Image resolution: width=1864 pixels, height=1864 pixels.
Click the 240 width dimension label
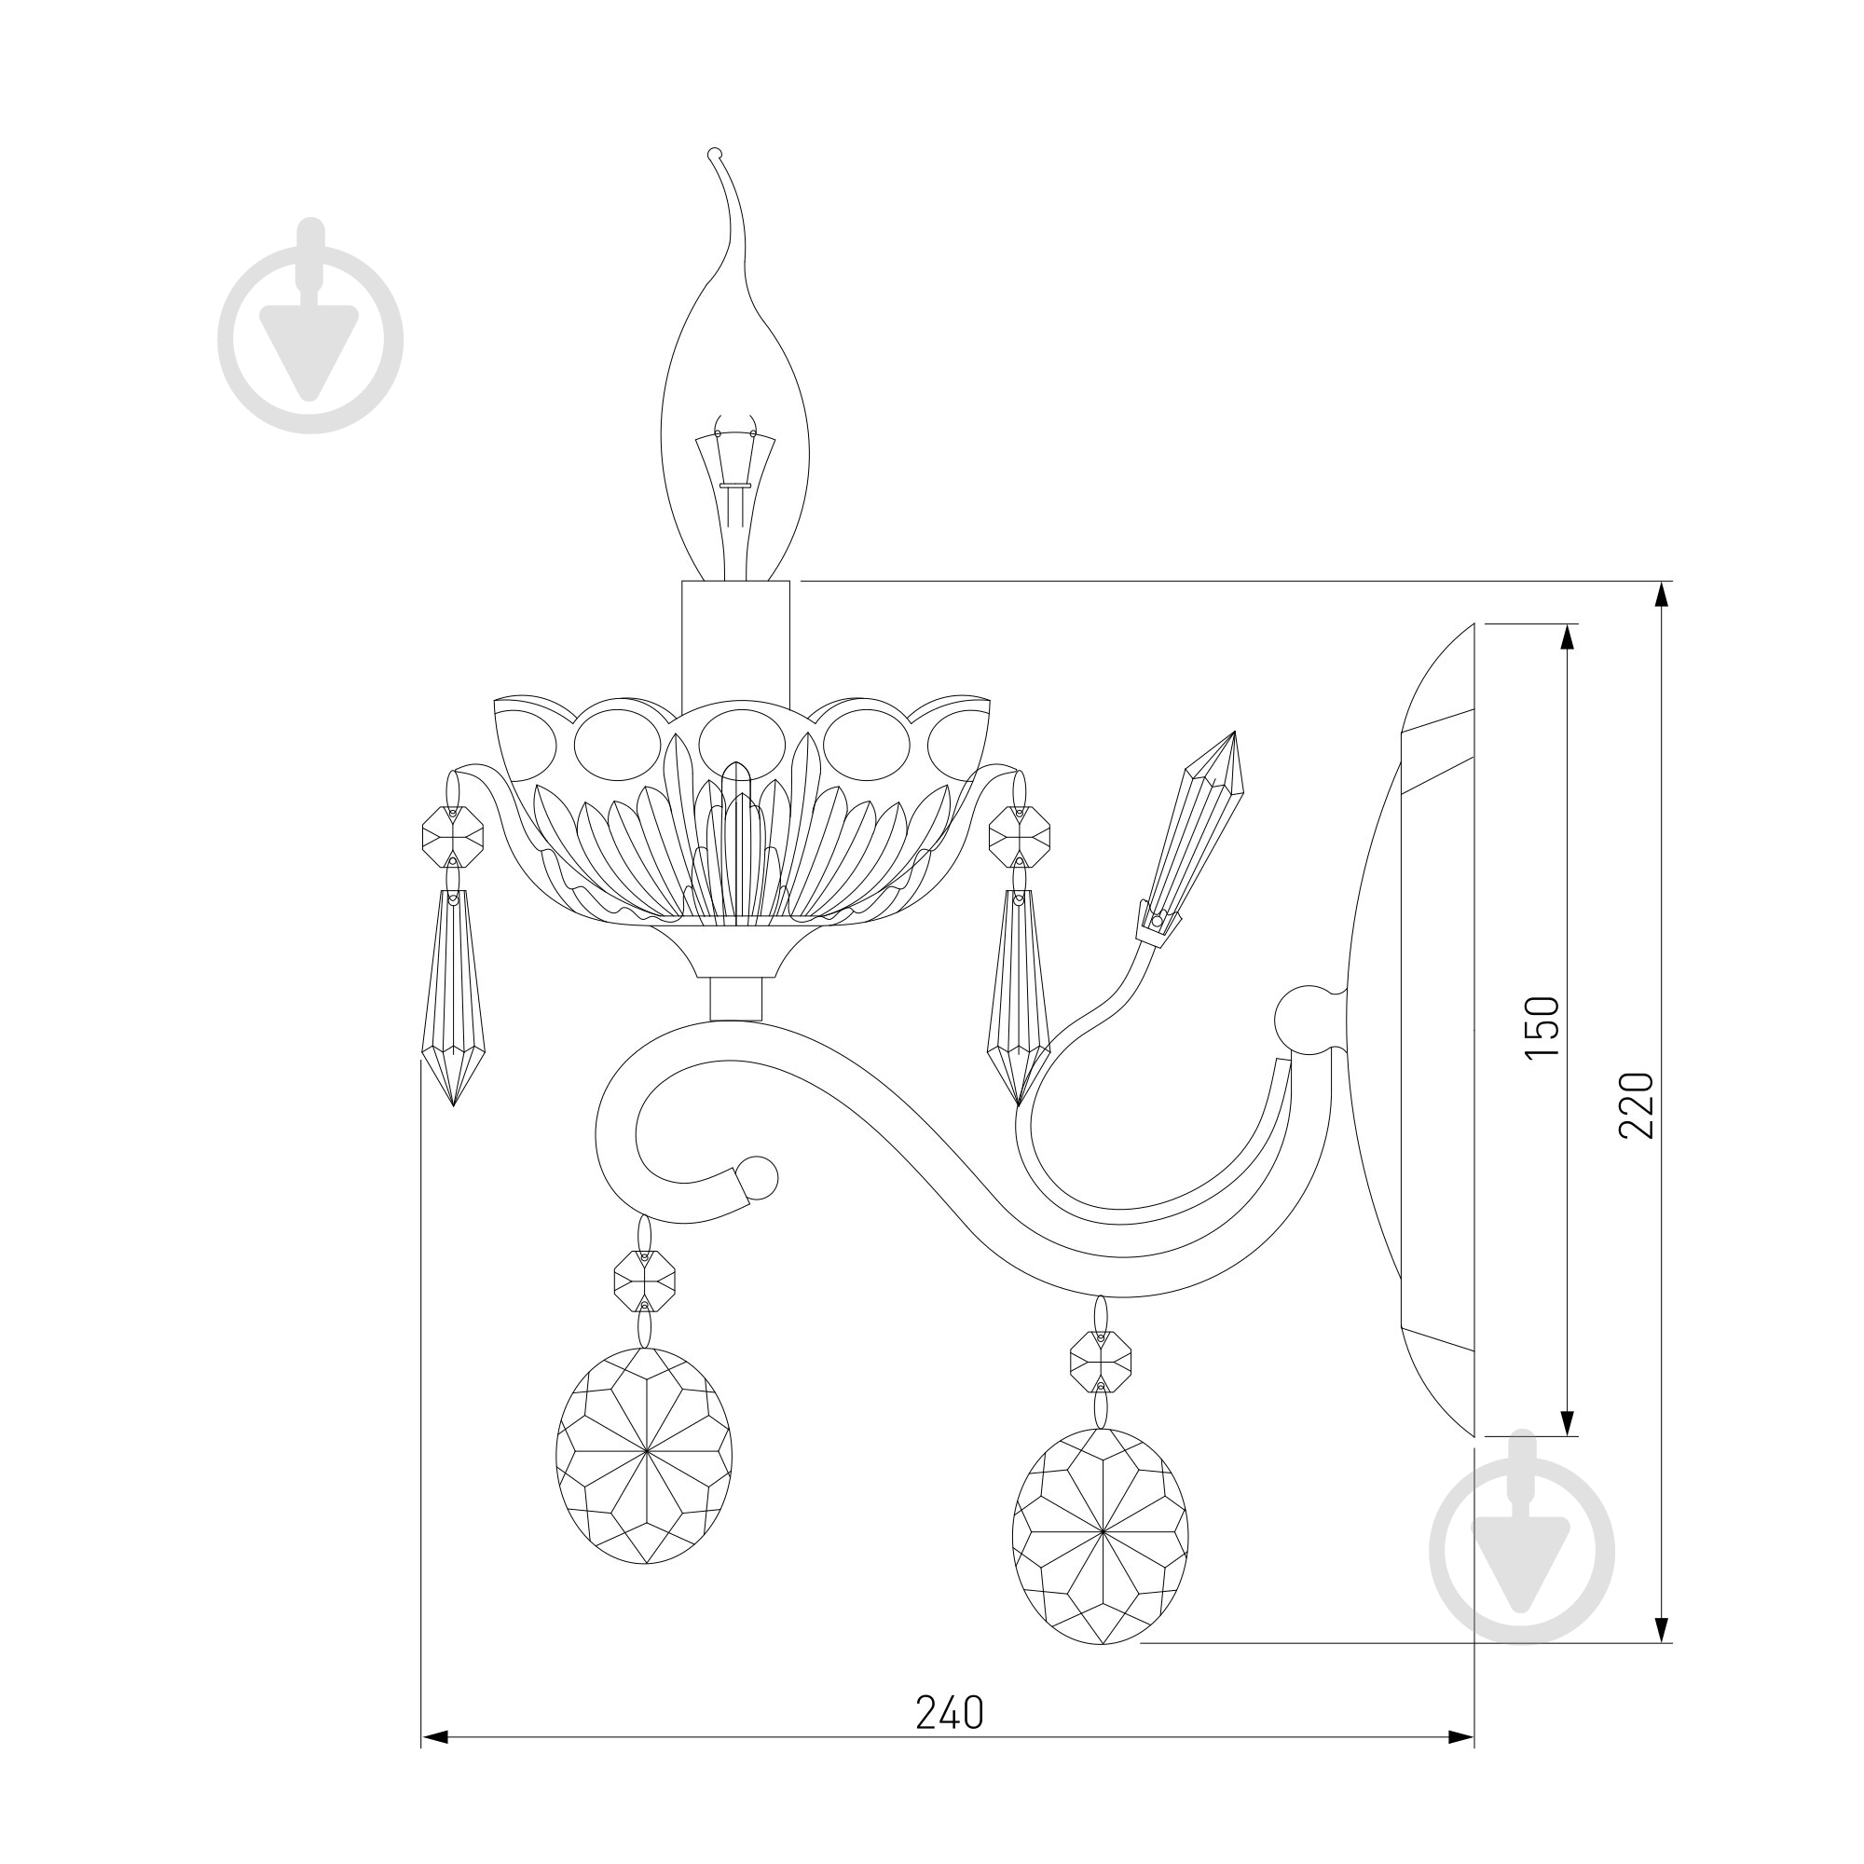click(x=950, y=1712)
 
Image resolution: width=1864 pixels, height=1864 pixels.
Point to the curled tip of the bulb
click(x=714, y=153)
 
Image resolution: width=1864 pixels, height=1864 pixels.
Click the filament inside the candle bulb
click(x=736, y=483)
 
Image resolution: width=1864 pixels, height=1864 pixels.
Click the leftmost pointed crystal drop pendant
click(x=454, y=997)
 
